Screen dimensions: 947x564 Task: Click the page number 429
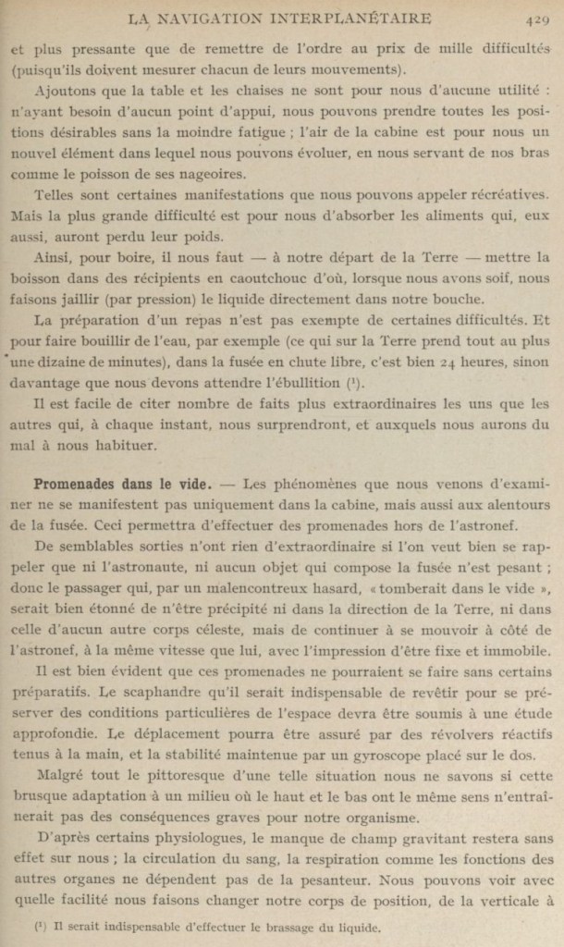click(x=536, y=18)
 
